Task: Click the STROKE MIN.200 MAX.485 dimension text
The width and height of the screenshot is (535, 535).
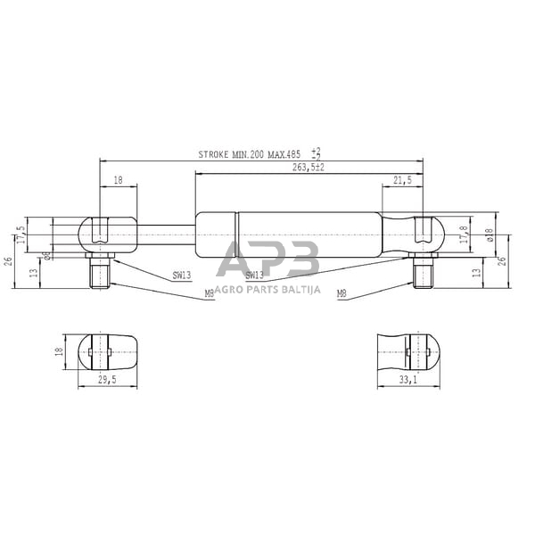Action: click(x=252, y=155)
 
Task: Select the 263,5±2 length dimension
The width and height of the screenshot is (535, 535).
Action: click(x=308, y=167)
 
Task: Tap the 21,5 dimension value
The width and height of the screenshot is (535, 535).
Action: click(x=402, y=181)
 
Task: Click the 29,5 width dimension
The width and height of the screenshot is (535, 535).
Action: click(x=108, y=380)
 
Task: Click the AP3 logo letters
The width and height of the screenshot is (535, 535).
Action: click(x=268, y=259)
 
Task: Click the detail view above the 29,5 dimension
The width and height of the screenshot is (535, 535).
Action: click(x=107, y=351)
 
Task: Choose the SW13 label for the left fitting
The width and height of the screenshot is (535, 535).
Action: click(x=181, y=276)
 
